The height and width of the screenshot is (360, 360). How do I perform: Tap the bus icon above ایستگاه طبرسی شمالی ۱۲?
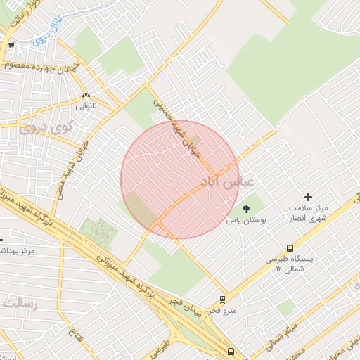point(290,248)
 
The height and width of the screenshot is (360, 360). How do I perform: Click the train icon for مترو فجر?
point(223,299)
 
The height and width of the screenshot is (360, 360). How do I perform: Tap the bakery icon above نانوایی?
point(86,96)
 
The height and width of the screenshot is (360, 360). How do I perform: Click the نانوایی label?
point(86,107)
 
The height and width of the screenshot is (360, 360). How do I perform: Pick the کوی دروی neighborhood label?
point(39,129)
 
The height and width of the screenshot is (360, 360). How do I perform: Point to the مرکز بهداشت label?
point(18,250)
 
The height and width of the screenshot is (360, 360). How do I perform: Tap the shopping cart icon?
point(11,46)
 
